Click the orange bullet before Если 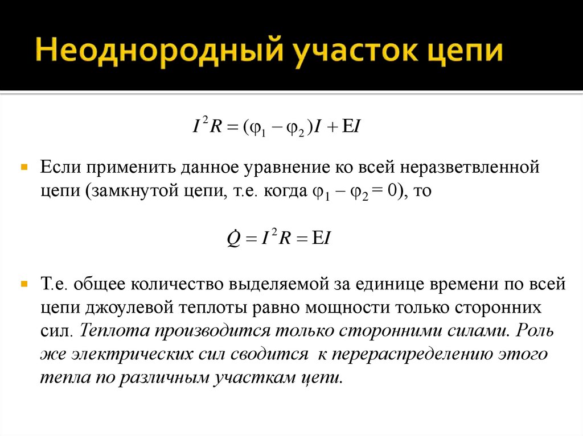pyautogui.click(x=24, y=169)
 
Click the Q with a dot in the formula pyautogui.click(x=233, y=239)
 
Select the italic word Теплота pyautogui.click(x=116, y=330)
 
